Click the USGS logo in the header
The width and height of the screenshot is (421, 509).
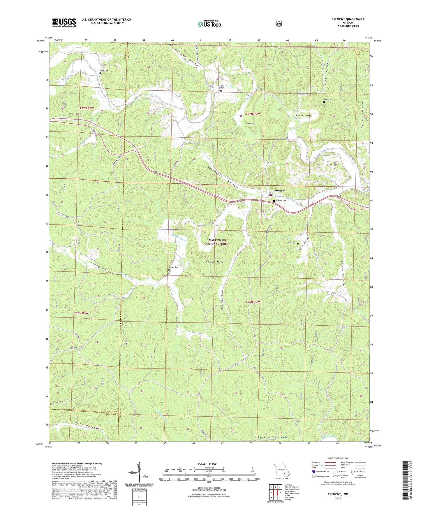pyautogui.click(x=64, y=22)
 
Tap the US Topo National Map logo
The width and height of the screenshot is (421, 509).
pyautogui.click(x=209, y=24)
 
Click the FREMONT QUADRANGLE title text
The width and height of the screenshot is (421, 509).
pyautogui.click(x=348, y=19)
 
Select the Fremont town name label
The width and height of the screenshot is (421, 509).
pyautogui.click(x=279, y=191)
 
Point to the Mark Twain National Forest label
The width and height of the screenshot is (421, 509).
pyautogui.click(x=217, y=242)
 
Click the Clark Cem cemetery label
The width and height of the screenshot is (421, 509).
pyautogui.click(x=104, y=71)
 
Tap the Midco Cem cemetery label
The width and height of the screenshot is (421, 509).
pyautogui.click(x=328, y=99)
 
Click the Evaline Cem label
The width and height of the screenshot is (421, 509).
pyautogui.click(x=173, y=267)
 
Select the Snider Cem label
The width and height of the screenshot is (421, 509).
pyautogui.click(x=292, y=243)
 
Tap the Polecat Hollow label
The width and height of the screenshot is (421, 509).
pyautogui.click(x=272, y=438)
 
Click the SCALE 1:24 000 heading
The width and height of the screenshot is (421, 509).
pyautogui.click(x=207, y=464)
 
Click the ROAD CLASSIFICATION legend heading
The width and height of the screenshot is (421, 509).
pyautogui.click(x=338, y=458)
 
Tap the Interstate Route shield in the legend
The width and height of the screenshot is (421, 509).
pyautogui.click(x=313, y=471)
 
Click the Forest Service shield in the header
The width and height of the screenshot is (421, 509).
pyautogui.click(x=279, y=24)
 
